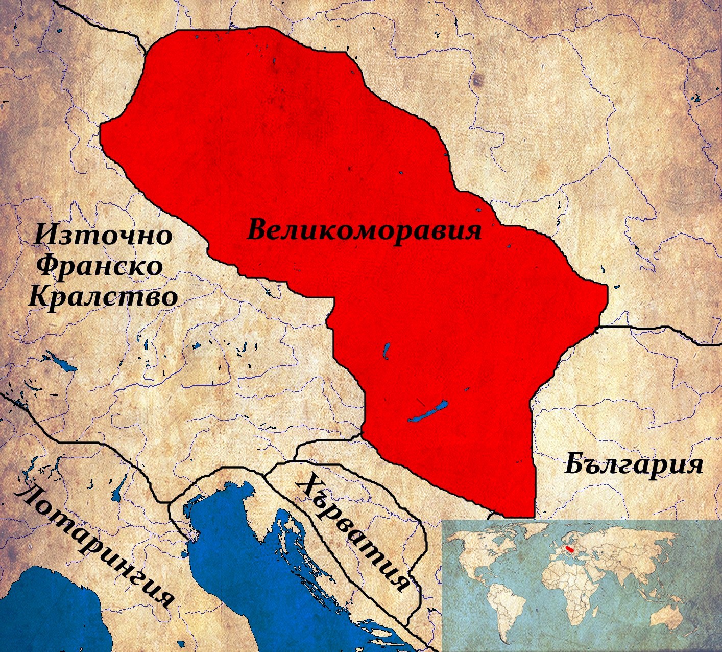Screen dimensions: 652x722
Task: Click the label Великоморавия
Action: click(x=364, y=230)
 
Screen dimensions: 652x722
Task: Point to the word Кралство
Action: click(x=103, y=296)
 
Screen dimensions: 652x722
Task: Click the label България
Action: click(x=633, y=465)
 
